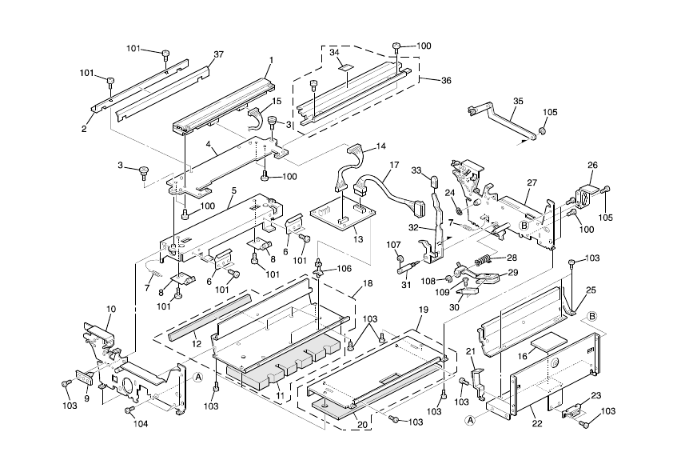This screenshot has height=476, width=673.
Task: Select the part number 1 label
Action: (271, 60)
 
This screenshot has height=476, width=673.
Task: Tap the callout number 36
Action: (446, 80)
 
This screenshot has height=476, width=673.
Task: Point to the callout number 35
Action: (518, 102)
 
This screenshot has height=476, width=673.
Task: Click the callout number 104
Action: (141, 423)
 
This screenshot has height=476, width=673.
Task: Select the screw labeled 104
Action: (129, 410)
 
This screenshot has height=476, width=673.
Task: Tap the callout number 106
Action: (343, 268)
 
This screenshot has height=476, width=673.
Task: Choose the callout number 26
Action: (592, 166)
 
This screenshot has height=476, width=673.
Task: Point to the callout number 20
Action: (362, 425)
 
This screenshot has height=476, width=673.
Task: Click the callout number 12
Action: (196, 343)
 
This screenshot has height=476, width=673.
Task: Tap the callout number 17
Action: (394, 166)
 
